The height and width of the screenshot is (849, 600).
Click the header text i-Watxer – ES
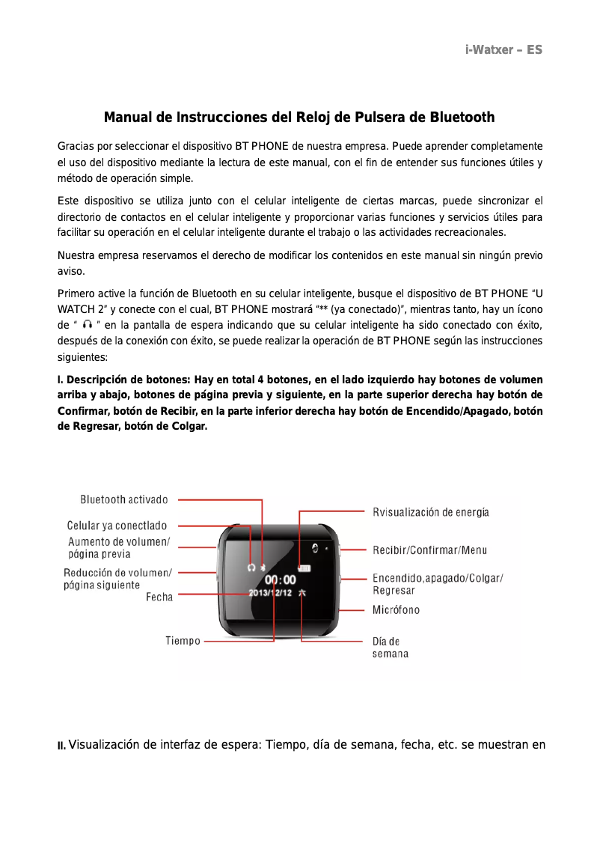tap(503, 50)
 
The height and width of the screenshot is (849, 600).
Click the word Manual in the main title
tap(126, 118)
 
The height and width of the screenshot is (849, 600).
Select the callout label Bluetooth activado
tap(124, 499)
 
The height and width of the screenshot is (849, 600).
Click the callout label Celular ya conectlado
tap(117, 526)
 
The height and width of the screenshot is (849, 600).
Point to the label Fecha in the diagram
tap(159, 597)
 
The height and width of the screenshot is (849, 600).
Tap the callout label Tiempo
tap(183, 641)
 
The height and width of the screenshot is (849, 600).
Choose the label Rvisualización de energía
tap(431, 512)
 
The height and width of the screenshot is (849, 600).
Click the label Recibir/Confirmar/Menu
tap(430, 550)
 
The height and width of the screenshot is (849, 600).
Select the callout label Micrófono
tap(397, 609)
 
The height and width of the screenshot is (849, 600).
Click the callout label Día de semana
tap(390, 648)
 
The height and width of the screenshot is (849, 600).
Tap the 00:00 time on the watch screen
tap(281, 579)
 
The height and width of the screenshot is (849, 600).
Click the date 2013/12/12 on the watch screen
tap(270, 592)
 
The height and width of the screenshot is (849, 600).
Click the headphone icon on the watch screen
tap(251, 567)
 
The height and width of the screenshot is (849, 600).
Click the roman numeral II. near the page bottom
tap(62, 746)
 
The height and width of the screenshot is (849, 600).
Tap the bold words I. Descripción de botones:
tap(124, 380)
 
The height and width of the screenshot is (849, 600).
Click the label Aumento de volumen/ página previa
tap(119, 547)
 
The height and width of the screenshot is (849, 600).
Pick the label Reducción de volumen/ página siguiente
tap(117, 579)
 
